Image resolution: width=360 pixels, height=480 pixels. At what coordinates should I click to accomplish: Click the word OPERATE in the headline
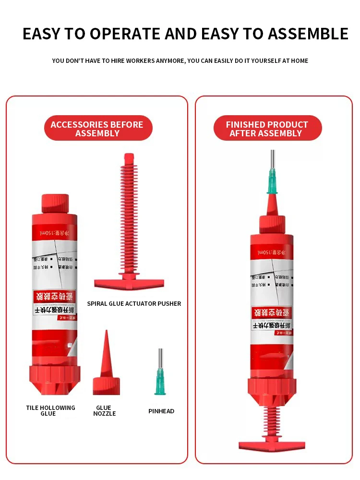(x=125, y=34)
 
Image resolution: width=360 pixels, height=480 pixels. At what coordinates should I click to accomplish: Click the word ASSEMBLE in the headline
(x=308, y=34)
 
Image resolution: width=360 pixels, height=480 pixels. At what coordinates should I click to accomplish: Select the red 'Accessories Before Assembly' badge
(x=97, y=129)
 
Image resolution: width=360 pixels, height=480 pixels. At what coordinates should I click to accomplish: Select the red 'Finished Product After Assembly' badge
(x=267, y=129)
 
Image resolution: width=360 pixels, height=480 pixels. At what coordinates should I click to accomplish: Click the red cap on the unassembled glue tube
(x=55, y=204)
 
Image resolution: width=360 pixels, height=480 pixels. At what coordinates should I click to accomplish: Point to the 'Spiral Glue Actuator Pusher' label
(x=134, y=303)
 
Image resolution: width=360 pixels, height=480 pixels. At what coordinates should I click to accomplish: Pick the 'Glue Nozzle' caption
(x=104, y=411)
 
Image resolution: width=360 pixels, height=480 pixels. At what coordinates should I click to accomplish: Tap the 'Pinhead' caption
(x=161, y=411)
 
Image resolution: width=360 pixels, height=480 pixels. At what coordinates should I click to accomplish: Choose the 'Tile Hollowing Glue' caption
(x=50, y=411)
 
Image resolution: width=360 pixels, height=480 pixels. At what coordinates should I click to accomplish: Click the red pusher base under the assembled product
(x=272, y=445)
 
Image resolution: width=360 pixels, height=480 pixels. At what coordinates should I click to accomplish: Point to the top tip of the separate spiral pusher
(x=129, y=156)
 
